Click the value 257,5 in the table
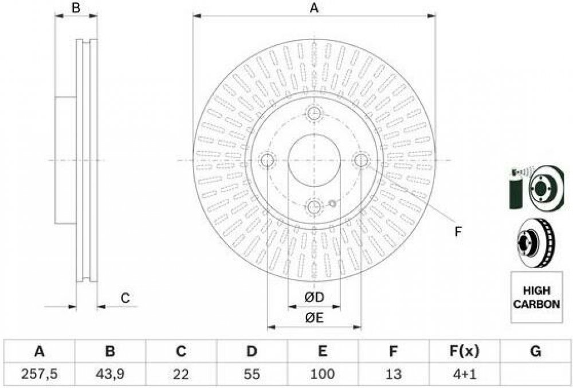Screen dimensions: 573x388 coord(39,374)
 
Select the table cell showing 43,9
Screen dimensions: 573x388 coord(110,374)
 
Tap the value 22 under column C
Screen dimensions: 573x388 coord(181,374)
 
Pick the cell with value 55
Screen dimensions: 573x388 coord(252,374)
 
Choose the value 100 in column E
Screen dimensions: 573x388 coord(322,374)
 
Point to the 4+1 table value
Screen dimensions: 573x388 coord(464,374)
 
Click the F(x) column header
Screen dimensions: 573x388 coord(464,351)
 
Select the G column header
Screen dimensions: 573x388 coord(535,351)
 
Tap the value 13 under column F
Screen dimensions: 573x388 coord(393,374)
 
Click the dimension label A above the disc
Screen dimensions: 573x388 coord(314,8)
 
